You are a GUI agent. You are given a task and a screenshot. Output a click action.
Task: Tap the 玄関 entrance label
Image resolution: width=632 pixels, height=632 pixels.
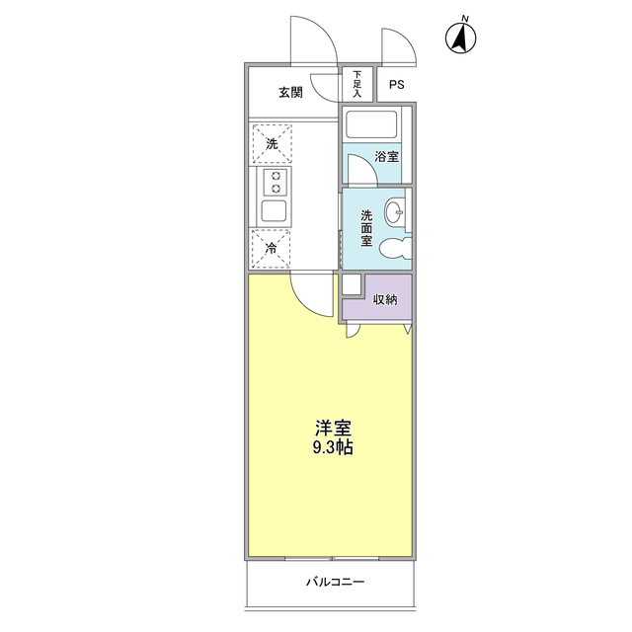[x=290, y=92]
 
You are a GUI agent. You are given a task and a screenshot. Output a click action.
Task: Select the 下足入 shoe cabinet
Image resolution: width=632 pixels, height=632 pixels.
[x=357, y=84]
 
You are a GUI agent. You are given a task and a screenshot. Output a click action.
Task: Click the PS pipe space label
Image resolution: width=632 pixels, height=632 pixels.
[x=397, y=85]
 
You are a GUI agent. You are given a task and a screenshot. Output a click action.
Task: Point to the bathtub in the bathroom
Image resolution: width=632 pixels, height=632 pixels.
[x=371, y=123]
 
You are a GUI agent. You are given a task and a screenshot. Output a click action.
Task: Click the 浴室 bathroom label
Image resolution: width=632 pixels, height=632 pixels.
[x=386, y=156]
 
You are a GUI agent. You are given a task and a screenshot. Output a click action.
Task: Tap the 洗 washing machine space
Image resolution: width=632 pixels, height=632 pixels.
[x=272, y=143]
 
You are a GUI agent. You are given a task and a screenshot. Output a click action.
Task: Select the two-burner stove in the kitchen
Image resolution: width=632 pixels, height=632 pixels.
[x=276, y=182]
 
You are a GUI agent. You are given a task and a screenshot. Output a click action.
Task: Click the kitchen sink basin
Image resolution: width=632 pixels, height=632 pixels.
[x=275, y=211]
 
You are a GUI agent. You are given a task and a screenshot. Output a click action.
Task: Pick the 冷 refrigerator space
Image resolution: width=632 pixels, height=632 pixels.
[x=271, y=249]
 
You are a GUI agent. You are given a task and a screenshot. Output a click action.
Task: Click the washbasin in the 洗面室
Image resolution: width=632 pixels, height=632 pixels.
[x=393, y=210]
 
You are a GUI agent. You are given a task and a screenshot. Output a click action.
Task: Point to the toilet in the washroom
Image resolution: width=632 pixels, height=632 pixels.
[x=395, y=247]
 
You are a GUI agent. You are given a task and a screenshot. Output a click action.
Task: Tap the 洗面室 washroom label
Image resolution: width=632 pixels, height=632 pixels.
[x=366, y=228]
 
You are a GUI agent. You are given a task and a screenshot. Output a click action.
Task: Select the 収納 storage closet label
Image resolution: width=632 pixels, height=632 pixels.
[x=385, y=299]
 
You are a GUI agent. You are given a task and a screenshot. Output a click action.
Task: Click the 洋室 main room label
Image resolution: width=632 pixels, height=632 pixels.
[x=334, y=428]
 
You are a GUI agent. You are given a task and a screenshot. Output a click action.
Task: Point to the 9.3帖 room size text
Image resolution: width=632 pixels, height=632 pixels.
[x=333, y=447]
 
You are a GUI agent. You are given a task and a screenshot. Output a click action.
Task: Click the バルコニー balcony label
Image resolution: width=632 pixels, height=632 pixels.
[x=336, y=582]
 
